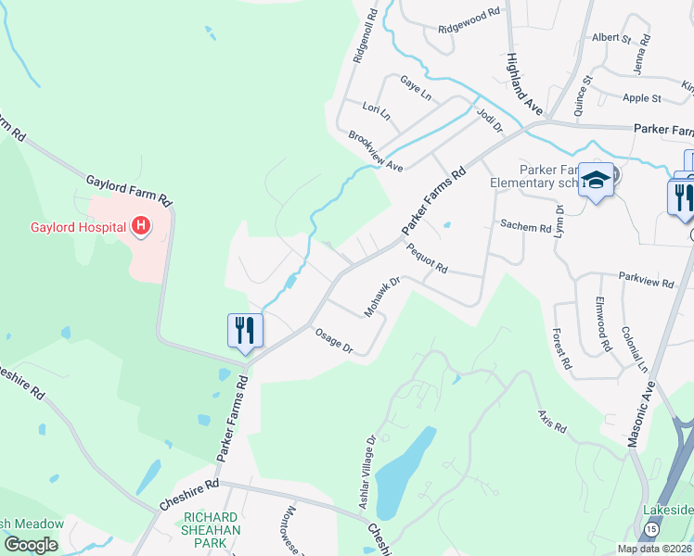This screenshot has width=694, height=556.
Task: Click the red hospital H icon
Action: click(141, 225)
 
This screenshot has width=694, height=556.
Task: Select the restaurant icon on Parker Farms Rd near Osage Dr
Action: click(246, 332)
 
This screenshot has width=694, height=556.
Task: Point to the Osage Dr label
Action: click(334, 341)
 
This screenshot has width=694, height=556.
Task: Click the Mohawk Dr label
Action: click(380, 297)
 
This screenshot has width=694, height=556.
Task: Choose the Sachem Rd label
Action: click(525, 226)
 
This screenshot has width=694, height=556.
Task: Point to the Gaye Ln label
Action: click(415, 88)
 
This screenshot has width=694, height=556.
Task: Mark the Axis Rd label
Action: click(551, 423)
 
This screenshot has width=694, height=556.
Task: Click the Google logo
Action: click(32, 545)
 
